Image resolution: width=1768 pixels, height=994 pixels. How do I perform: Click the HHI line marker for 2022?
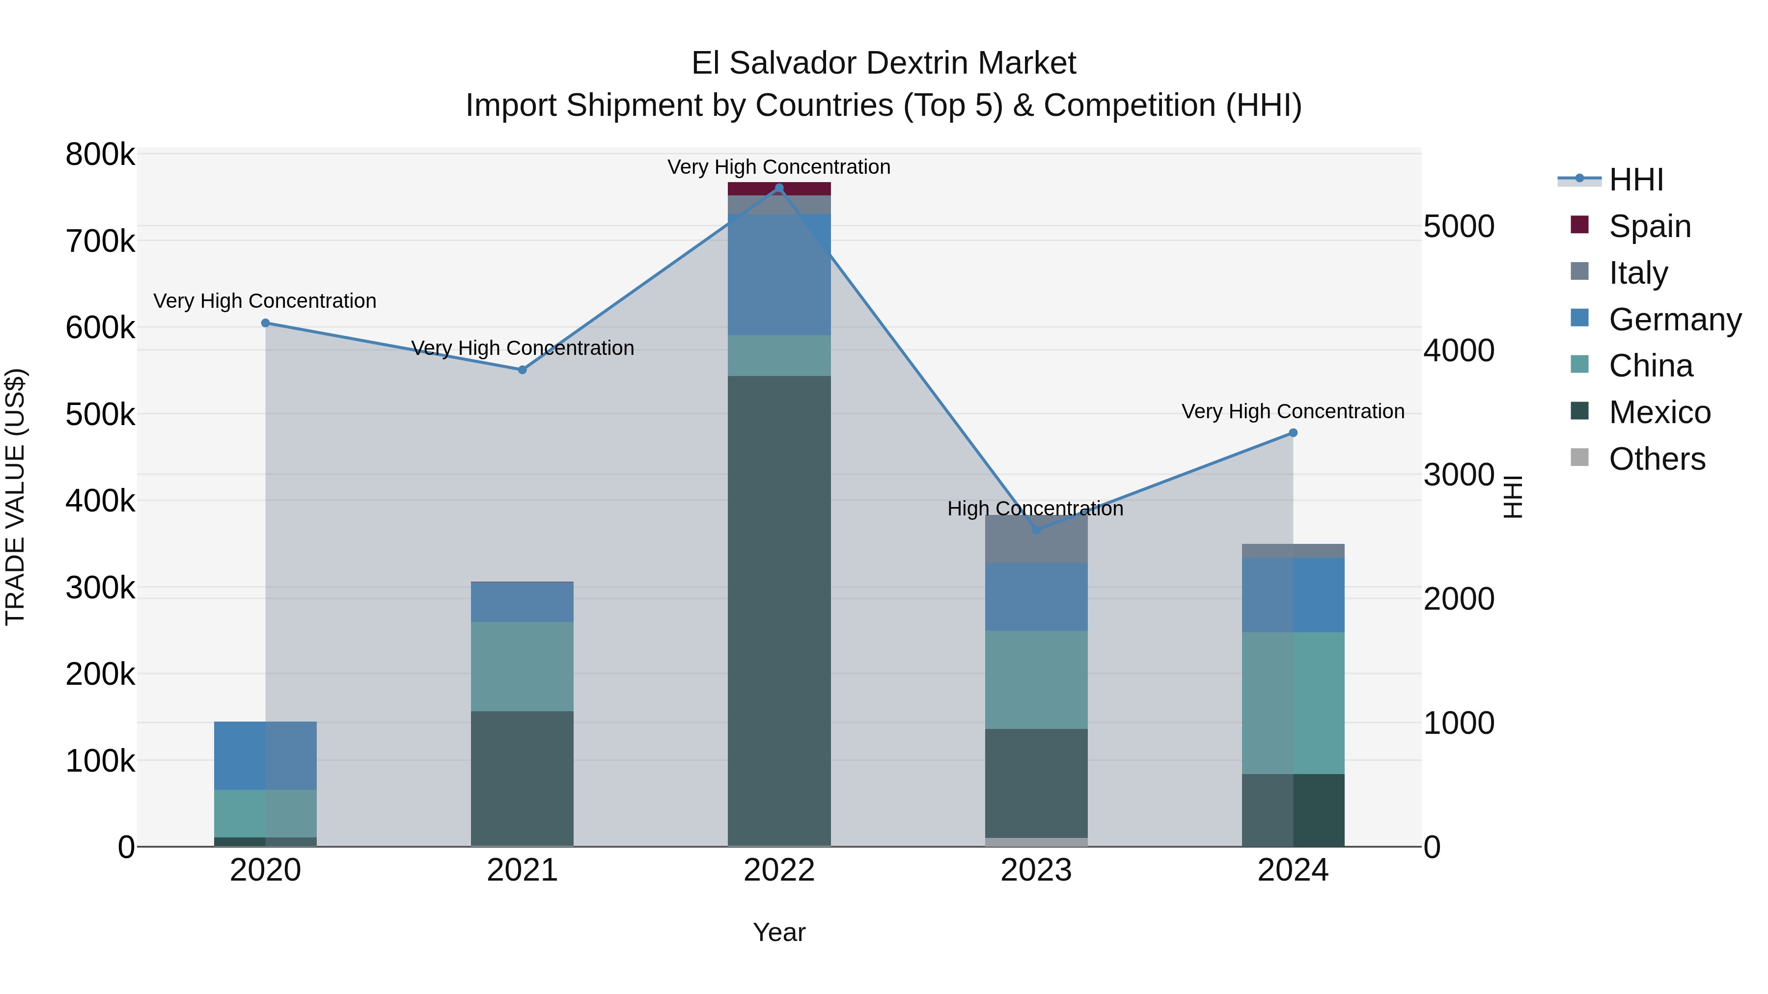coord(779,188)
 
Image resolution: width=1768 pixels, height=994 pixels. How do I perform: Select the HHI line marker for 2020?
coord(266,323)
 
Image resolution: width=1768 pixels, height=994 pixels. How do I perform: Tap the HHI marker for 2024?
coord(1293,433)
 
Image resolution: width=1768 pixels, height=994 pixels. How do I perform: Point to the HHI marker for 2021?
coord(523,370)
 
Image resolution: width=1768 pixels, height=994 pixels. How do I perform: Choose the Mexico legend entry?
coord(1659,412)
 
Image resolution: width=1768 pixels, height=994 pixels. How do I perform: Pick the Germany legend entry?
coord(1674,319)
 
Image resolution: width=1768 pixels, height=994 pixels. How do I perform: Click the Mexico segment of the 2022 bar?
coord(779,611)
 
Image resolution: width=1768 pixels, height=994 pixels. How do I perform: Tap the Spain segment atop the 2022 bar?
coord(779,188)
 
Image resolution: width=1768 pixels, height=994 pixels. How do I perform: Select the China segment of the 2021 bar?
coord(523,666)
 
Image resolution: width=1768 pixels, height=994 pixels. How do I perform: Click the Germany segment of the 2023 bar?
coord(1036,597)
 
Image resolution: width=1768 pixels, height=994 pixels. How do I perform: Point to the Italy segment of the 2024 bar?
coord(1293,551)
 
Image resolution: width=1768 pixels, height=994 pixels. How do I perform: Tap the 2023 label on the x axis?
coord(1036,870)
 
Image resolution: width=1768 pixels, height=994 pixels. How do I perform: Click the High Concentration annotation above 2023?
coord(1035,509)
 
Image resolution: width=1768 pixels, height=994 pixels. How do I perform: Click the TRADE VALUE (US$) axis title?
coord(15,497)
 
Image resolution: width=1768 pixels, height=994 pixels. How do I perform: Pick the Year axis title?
coord(779,932)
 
